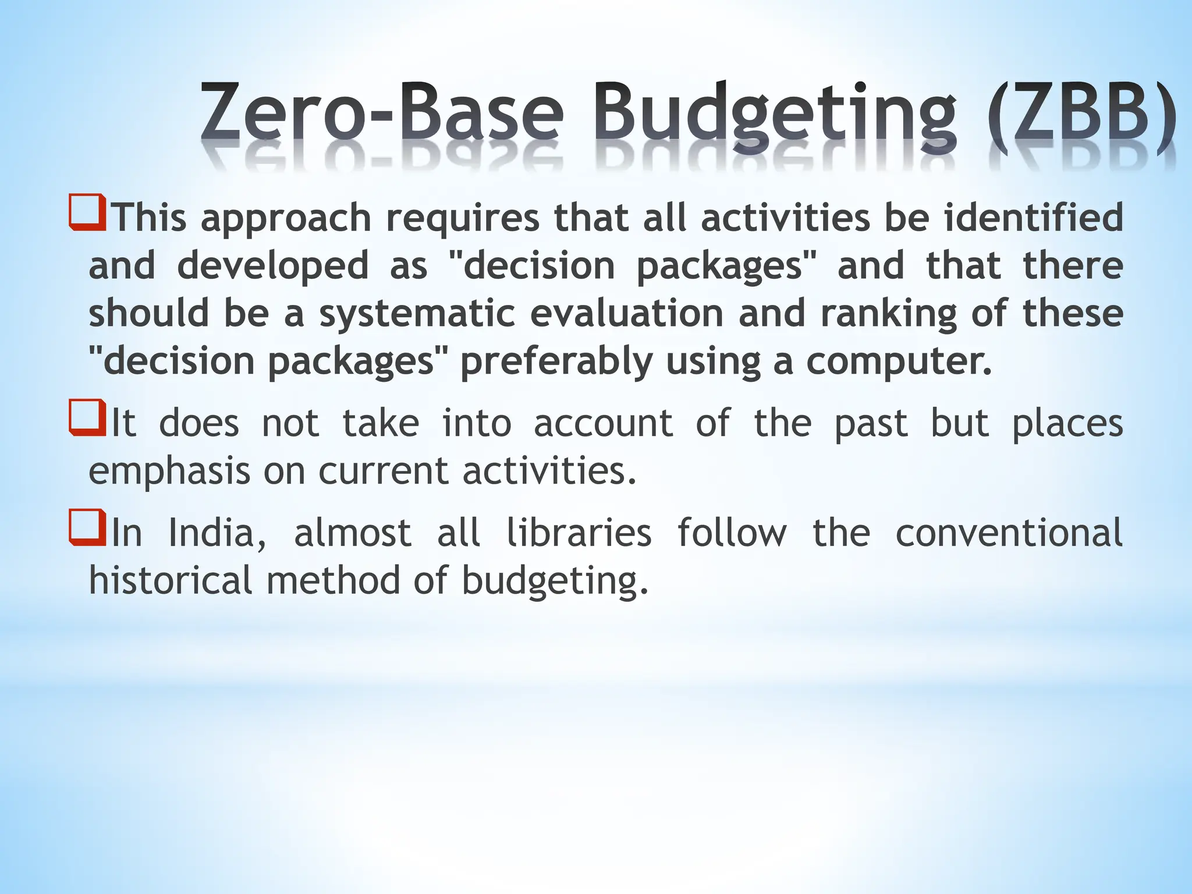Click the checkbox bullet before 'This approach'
87,212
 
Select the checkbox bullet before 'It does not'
87,417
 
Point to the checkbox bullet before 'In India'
87,527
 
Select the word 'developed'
272,265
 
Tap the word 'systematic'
417,313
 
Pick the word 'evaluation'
627,313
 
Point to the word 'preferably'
556,361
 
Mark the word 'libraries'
579,533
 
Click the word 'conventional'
1009,533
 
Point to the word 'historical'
171,580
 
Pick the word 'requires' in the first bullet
463,218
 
